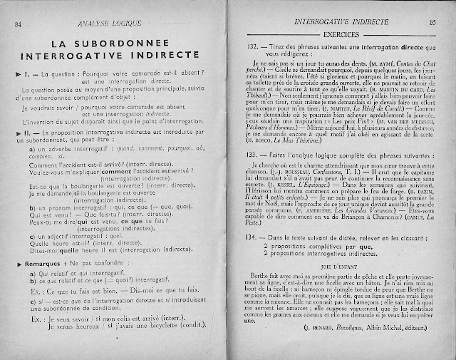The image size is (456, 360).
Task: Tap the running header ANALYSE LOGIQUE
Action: click(106, 24)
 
